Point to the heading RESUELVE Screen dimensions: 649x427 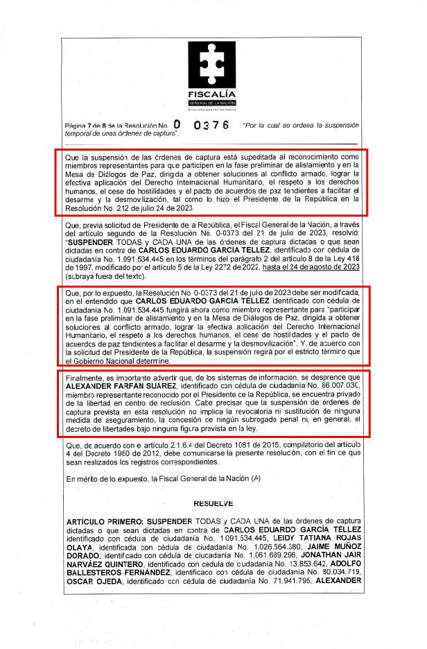point(214,503)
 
